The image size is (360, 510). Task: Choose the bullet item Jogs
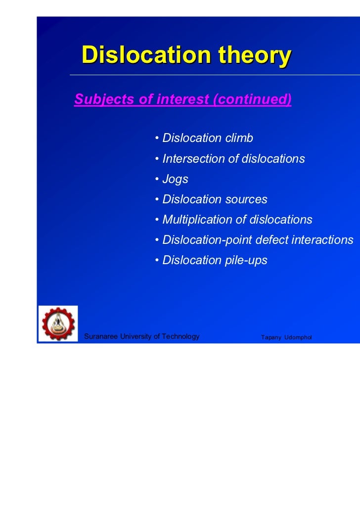(x=175, y=179)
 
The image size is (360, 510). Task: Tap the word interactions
(x=322, y=240)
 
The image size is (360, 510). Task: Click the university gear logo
(x=58, y=324)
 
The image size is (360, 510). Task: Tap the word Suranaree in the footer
(x=102, y=337)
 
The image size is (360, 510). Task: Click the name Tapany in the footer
(x=271, y=337)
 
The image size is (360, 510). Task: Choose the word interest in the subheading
(x=183, y=99)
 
